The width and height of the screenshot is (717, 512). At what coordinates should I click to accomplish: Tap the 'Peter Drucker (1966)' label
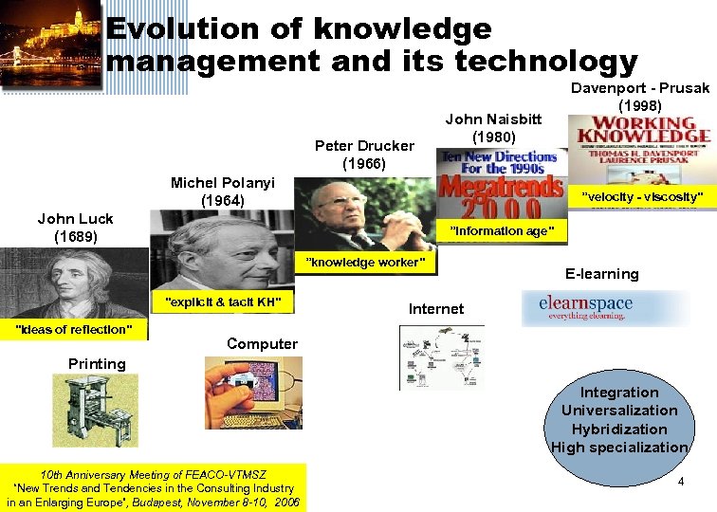364,154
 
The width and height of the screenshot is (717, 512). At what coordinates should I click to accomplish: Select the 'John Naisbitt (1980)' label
493,128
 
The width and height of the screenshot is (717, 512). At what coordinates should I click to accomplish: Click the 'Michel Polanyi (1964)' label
222,192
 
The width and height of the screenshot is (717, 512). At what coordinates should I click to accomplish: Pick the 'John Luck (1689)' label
75,228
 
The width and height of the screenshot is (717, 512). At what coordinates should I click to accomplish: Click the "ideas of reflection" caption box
74,329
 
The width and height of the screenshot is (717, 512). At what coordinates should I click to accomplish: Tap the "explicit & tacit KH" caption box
223,302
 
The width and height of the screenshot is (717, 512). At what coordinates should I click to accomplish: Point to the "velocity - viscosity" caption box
642,196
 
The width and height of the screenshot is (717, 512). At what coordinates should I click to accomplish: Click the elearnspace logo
607,307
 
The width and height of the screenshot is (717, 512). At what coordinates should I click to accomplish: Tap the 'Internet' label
436,308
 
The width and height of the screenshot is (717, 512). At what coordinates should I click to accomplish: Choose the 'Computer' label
262,344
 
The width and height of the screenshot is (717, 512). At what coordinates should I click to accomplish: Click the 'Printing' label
97,363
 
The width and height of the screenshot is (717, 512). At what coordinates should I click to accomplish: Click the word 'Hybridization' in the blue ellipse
619,429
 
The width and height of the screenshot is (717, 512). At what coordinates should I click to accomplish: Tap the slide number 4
680,483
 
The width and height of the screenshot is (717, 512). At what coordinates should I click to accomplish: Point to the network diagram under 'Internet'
441,356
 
